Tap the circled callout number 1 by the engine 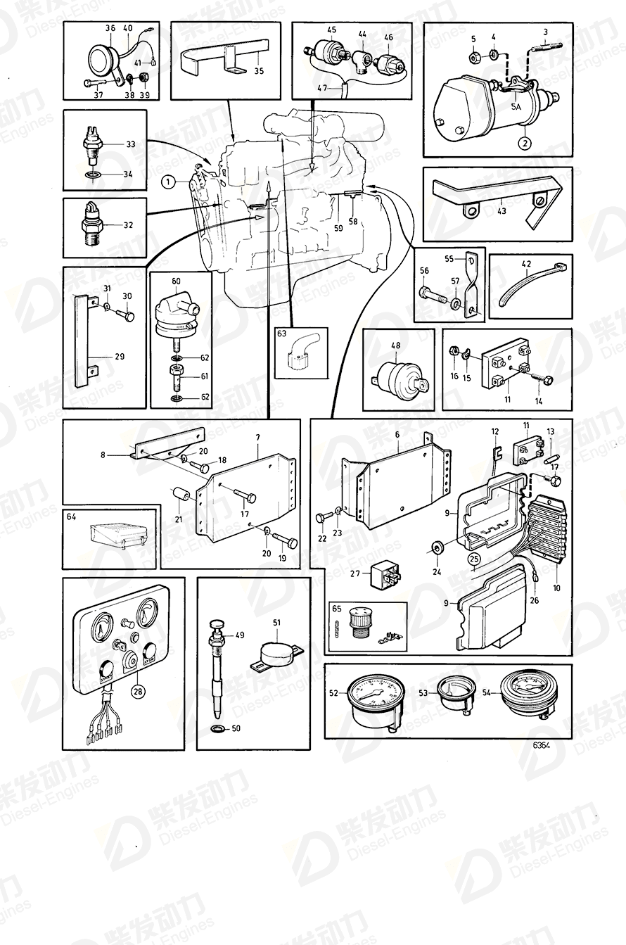(x=167, y=182)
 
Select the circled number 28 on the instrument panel (x=138, y=692)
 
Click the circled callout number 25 (x=474, y=561)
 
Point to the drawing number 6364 (x=542, y=745)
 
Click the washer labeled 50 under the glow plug (x=217, y=726)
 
